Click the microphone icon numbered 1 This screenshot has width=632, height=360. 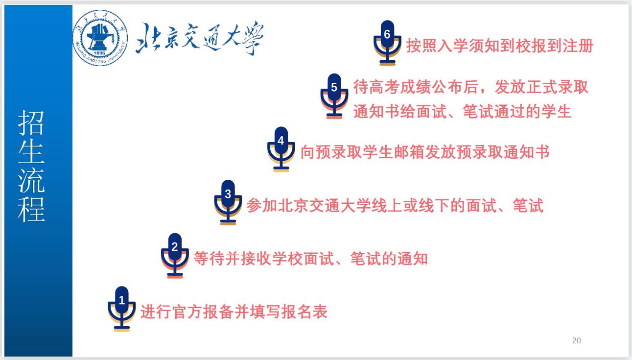(121, 309)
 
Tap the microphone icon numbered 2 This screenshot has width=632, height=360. (175, 256)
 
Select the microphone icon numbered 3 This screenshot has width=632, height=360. (228, 202)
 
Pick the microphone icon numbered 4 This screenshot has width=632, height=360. (281, 149)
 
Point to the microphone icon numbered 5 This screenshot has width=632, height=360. (334, 96)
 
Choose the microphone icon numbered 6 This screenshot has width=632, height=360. (387, 43)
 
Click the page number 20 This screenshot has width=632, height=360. (576, 340)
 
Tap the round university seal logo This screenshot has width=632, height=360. (100, 38)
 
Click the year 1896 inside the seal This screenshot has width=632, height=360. (99, 53)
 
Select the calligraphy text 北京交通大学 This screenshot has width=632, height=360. (200, 38)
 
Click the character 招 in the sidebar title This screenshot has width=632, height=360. (31, 123)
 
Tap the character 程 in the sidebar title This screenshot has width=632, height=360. (31, 209)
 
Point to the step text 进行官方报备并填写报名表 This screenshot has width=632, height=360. (234, 312)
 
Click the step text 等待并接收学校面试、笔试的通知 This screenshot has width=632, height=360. (311, 258)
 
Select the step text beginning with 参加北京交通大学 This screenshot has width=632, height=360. (395, 205)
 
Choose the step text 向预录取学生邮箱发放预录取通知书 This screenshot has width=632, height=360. (425, 152)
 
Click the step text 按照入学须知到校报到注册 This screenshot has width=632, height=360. (500, 46)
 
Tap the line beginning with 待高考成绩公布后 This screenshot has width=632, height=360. (471, 87)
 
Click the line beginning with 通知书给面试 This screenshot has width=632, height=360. (463, 111)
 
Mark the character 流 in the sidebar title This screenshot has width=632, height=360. (31, 180)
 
